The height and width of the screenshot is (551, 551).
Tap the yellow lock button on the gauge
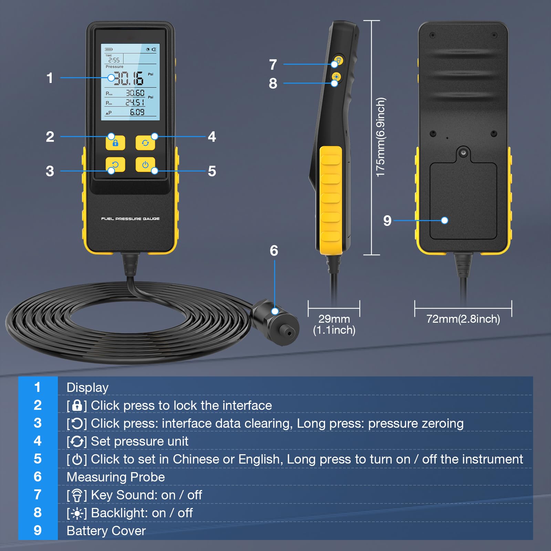(x=115, y=143)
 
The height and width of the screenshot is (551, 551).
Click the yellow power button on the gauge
(x=145, y=165)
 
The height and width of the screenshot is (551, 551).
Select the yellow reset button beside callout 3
(x=115, y=165)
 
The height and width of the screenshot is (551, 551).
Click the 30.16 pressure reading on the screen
(x=128, y=79)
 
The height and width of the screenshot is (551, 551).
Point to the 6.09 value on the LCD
(x=137, y=112)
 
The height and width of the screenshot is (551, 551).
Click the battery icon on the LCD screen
(x=109, y=49)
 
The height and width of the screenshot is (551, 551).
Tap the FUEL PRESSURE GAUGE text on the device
(x=130, y=219)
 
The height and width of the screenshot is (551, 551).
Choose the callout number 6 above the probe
(x=274, y=251)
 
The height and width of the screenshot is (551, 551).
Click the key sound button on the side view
(x=339, y=61)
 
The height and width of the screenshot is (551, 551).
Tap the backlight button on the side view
(x=336, y=77)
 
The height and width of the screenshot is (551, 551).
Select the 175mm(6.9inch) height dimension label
(x=380, y=137)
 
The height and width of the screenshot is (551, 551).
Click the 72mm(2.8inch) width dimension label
(x=463, y=319)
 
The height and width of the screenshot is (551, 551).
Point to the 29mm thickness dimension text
(x=334, y=319)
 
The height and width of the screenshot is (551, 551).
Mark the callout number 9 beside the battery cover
(x=387, y=221)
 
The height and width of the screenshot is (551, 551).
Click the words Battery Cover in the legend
(x=106, y=531)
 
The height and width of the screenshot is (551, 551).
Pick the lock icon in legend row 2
(x=77, y=406)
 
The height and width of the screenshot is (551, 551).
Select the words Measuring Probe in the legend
(x=116, y=477)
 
